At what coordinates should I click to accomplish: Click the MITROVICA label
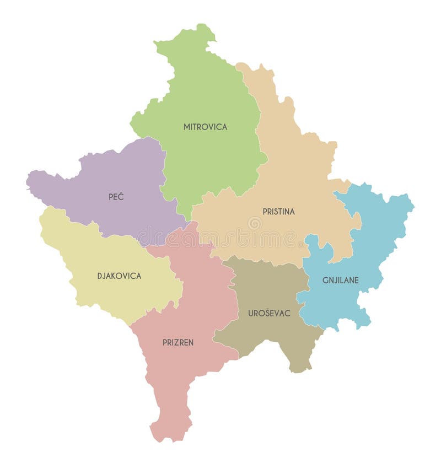[205, 127]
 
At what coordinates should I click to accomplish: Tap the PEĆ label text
[116, 196]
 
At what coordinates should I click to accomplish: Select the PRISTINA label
[278, 212]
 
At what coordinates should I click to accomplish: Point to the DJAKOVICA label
[119, 276]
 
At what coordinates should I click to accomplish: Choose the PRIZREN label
[178, 342]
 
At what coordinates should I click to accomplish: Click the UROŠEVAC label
[269, 313]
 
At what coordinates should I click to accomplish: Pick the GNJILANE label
[340, 280]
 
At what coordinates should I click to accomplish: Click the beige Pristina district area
[298, 165]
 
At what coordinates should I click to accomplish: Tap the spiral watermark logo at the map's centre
[254, 223]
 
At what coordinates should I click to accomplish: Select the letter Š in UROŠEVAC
[265, 313]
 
